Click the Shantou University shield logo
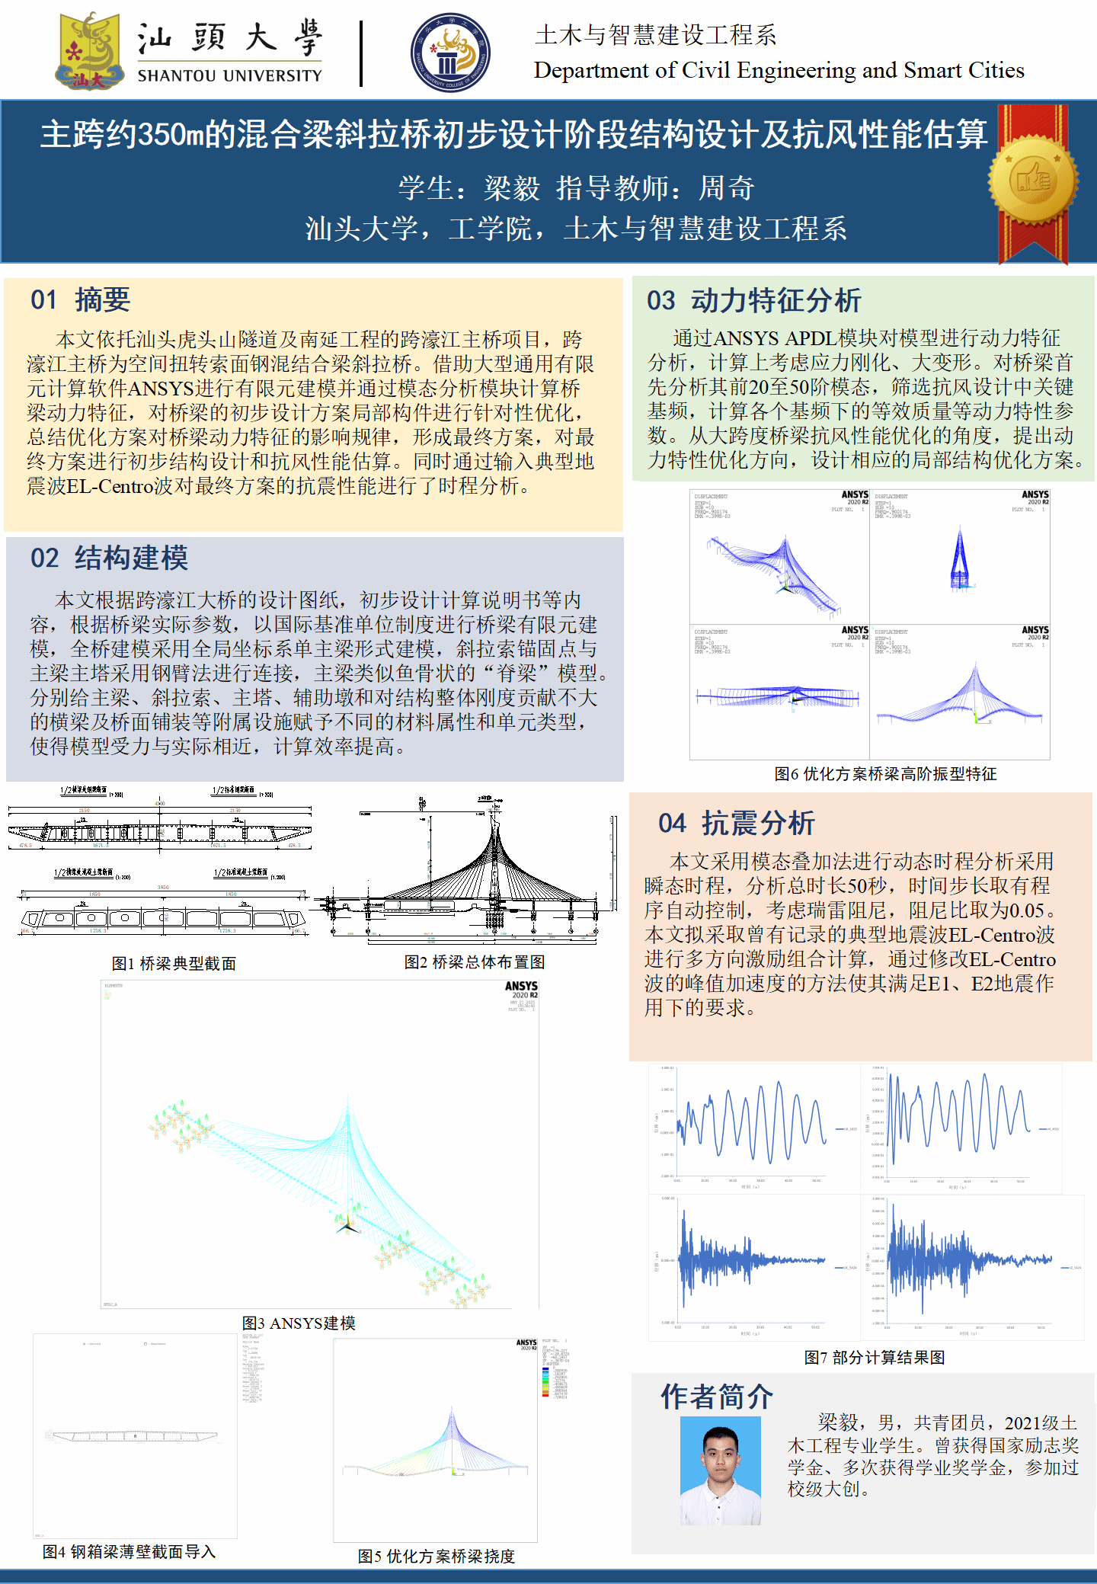pyautogui.click(x=90, y=52)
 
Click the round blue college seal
pyautogui.click(x=449, y=53)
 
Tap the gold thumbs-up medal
pyautogui.click(x=1033, y=181)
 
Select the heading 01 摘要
pyautogui.click(x=80, y=300)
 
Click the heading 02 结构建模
pyautogui.click(x=109, y=558)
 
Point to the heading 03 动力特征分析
pyautogui.click(x=753, y=301)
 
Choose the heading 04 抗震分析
pyautogui.click(x=736, y=824)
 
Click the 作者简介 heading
pyautogui.click(x=716, y=1397)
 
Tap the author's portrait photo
pyautogui.click(x=720, y=1470)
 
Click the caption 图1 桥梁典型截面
pyautogui.click(x=174, y=964)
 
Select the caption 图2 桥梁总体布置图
pyautogui.click(x=474, y=962)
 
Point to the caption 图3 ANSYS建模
pyautogui.click(x=299, y=1323)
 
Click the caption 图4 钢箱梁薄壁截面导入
pyautogui.click(x=130, y=1552)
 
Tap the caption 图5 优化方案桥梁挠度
pyautogui.click(x=437, y=1557)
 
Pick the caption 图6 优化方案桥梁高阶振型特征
pyautogui.click(x=885, y=774)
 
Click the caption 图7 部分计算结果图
pyautogui.click(x=875, y=1358)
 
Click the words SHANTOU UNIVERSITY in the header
pyautogui.click(x=229, y=76)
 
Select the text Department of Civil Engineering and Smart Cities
pyautogui.click(x=779, y=70)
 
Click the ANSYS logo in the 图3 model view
pyautogui.click(x=521, y=987)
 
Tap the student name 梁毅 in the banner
pyautogui.click(x=512, y=188)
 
